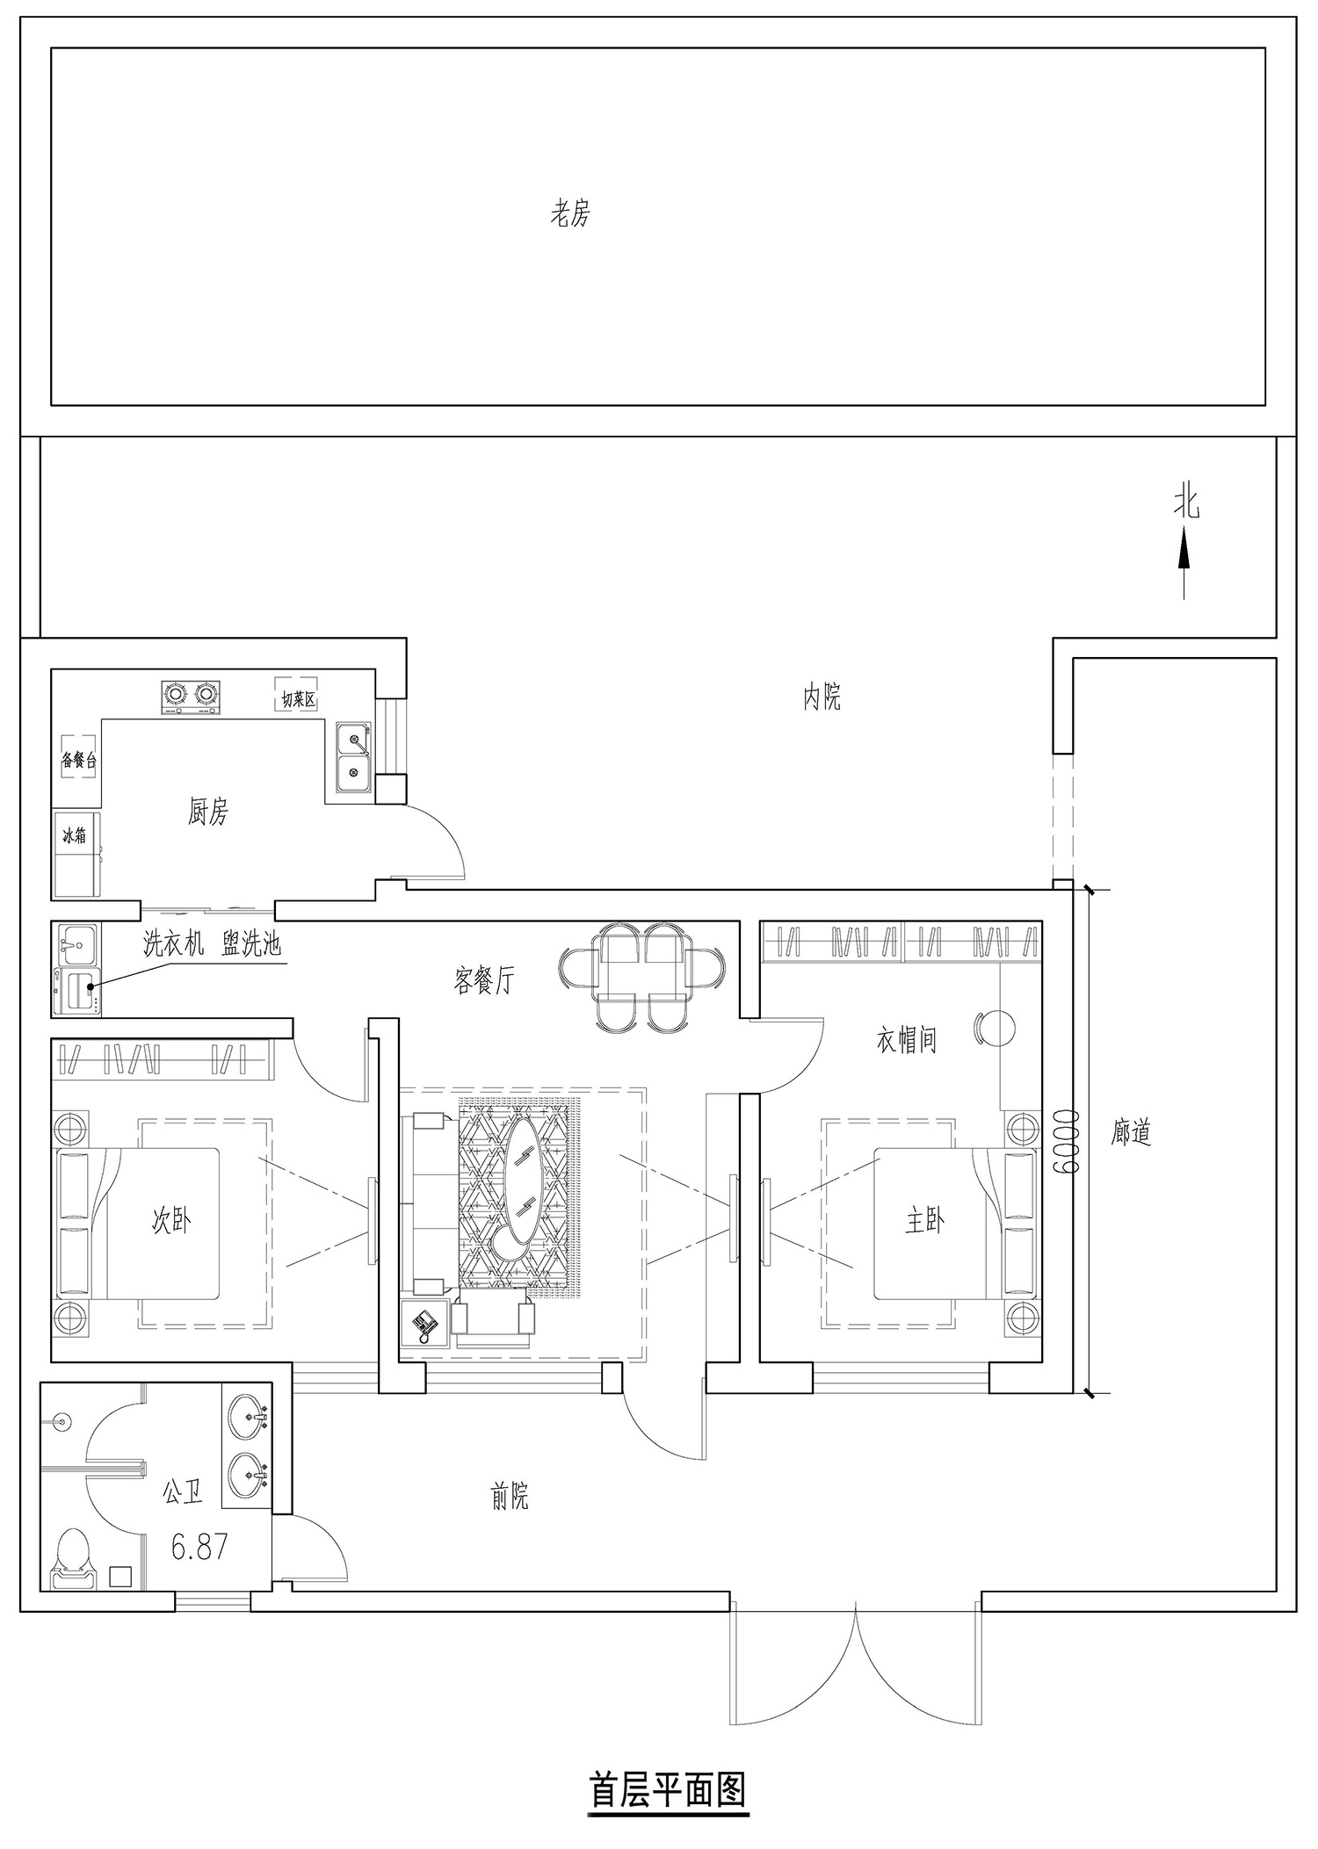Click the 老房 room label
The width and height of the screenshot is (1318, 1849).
pos(570,213)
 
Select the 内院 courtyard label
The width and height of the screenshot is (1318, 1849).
pos(822,697)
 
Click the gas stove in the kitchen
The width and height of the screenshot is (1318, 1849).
pos(191,696)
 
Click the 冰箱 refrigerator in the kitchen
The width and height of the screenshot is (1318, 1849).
pos(76,855)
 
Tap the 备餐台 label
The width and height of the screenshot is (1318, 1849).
pos(78,761)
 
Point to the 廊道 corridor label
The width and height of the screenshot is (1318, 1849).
pos(1130,1133)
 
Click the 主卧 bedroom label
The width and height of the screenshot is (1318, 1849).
pos(924,1220)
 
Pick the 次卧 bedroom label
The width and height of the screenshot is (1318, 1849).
pos(171,1220)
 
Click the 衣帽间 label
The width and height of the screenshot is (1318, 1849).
pos(906,1041)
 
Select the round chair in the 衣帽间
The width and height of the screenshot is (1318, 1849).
pos(996,1027)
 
